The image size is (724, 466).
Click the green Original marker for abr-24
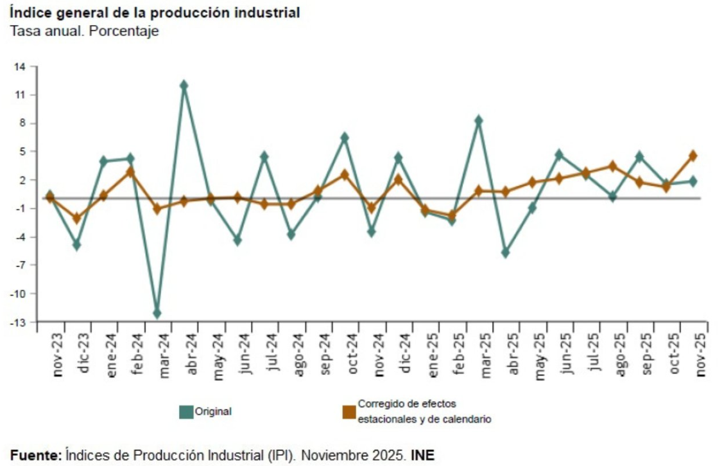pyautogui.click(x=184, y=85)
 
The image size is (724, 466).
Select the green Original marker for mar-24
pyautogui.click(x=157, y=313)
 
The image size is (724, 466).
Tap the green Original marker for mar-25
pyautogui.click(x=478, y=120)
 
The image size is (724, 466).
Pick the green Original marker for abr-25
pyautogui.click(x=505, y=253)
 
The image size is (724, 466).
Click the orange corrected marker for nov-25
pyautogui.click(x=693, y=156)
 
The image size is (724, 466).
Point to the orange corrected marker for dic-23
pyautogui.click(x=76, y=219)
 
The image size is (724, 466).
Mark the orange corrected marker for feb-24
pyautogui.click(x=130, y=172)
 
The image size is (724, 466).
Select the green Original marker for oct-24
pyautogui.click(x=344, y=138)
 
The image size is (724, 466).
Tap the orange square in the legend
pyautogui.click(x=349, y=412)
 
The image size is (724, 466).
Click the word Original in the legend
pyautogui.click(x=213, y=412)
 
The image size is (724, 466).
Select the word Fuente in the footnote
pyautogui.click(x=35, y=455)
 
